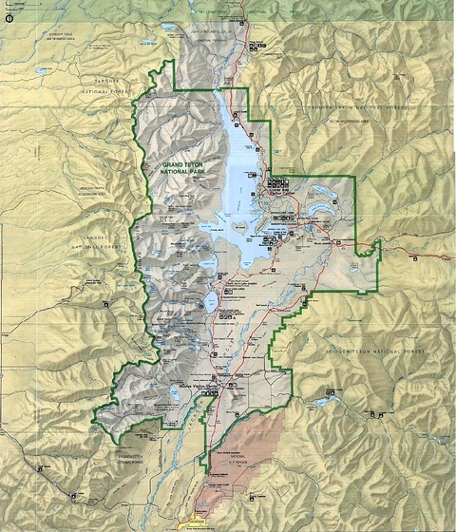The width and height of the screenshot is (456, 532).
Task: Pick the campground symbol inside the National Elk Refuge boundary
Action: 250,496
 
